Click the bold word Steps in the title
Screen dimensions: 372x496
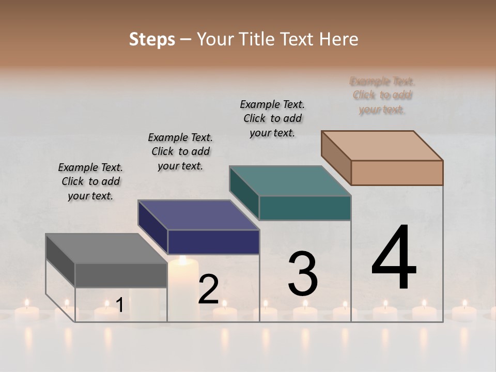click(152, 39)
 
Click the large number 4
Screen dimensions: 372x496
click(394, 258)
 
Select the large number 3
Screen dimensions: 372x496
click(303, 274)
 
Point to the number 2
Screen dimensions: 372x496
click(208, 290)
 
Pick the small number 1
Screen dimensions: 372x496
click(119, 305)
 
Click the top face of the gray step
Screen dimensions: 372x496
click(106, 249)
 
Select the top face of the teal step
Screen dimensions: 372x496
click(290, 181)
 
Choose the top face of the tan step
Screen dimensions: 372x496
click(382, 146)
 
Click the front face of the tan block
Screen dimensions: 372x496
click(397, 173)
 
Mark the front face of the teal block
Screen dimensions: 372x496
click(305, 208)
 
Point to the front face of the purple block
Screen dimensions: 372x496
click(213, 242)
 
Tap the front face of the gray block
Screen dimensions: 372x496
click(121, 275)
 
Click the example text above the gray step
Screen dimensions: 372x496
click(90, 181)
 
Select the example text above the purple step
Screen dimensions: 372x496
click(180, 151)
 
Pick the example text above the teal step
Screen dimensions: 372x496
click(272, 118)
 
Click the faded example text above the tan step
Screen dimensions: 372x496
click(382, 95)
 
